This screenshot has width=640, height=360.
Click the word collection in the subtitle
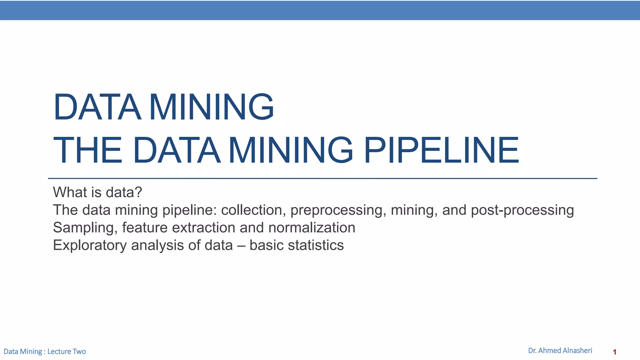click(x=253, y=210)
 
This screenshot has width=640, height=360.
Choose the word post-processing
click(x=522, y=210)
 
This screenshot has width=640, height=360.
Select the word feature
click(x=145, y=227)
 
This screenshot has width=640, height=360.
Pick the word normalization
click(x=312, y=227)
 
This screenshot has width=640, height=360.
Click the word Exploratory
click(x=90, y=245)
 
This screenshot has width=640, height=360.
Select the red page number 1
click(x=614, y=352)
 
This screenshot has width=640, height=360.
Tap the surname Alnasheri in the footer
click(x=577, y=351)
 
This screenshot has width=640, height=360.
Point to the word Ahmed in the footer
click(x=549, y=351)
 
